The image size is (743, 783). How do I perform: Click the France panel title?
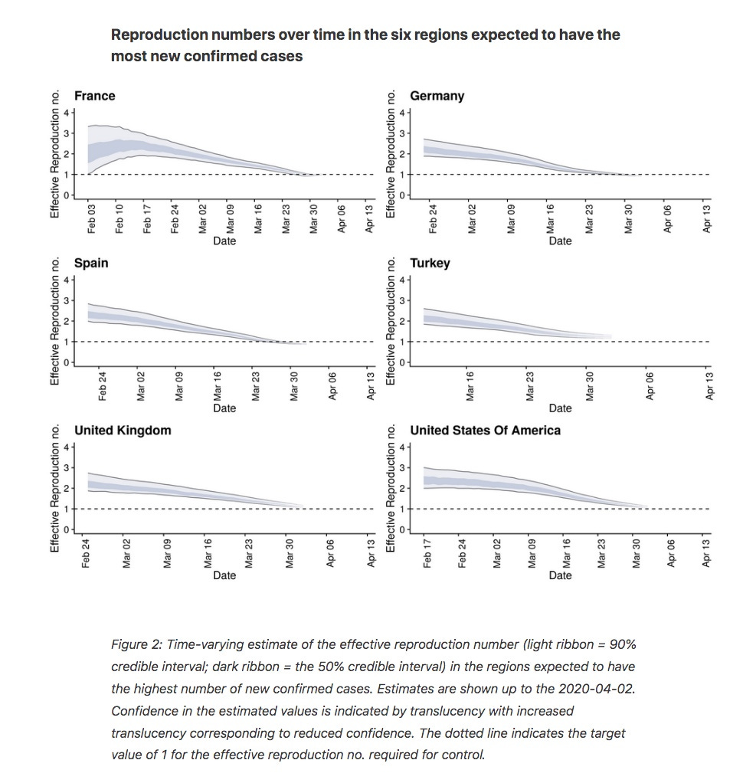coord(94,96)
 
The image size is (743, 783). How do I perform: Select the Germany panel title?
coord(437,97)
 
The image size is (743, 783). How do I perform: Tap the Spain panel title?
coord(91,264)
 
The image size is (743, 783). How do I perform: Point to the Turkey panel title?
coord(430,264)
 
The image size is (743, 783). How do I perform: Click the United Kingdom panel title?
coord(123,431)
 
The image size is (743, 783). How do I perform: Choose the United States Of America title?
coord(486,431)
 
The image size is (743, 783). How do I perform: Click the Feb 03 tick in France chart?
coord(91,218)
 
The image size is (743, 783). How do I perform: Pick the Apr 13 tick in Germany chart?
coord(706,218)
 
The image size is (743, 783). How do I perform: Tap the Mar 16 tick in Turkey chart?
coord(470,386)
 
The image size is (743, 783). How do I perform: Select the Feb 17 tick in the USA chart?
coord(427,553)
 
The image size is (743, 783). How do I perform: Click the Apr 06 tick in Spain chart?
coord(332,386)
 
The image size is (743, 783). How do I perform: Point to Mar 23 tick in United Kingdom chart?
coord(249,553)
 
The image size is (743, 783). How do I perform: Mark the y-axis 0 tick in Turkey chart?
coord(402,362)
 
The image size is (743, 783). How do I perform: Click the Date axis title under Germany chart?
coord(560,241)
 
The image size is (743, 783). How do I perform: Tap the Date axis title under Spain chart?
coord(224,408)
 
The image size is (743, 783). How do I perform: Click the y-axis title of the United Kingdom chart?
coord(55,488)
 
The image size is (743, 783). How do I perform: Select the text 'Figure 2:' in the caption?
coord(137,644)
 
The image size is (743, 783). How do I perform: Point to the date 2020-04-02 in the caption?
coord(597,689)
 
